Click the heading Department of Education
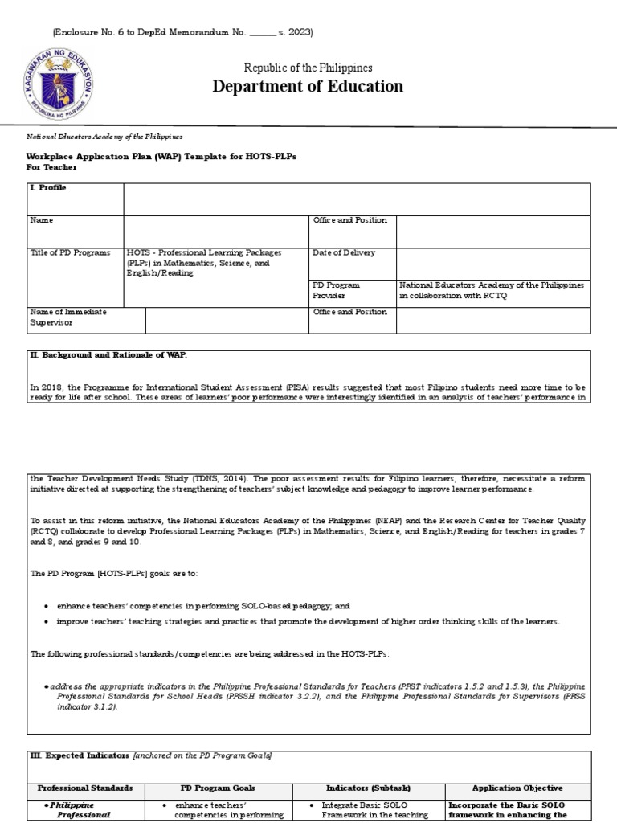(x=308, y=87)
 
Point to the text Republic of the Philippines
(x=308, y=68)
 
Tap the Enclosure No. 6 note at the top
(x=182, y=32)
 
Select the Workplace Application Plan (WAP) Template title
(x=161, y=156)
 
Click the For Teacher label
(x=52, y=167)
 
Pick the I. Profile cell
(x=48, y=187)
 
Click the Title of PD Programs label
(x=70, y=252)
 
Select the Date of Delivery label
(x=344, y=252)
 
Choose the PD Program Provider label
(x=337, y=290)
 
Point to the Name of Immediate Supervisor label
(x=68, y=317)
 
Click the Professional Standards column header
(x=85, y=788)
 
